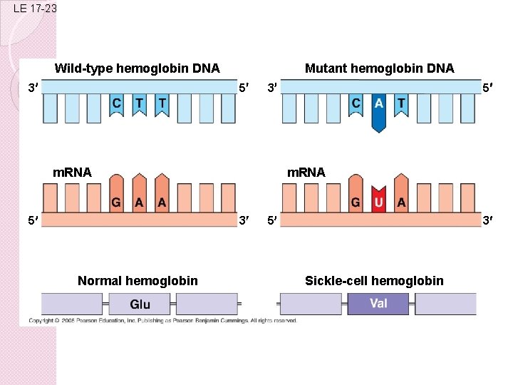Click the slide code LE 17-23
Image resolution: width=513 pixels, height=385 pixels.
34,9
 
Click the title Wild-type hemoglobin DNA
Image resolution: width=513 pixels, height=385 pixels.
137,69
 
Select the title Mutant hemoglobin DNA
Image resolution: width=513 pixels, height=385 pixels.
379,69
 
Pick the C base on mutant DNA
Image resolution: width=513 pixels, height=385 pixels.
356,105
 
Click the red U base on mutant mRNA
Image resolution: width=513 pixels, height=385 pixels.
379,200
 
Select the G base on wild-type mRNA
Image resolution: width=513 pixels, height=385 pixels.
116,201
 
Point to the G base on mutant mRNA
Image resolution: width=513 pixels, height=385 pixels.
356,201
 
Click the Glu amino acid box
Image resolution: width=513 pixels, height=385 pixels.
140,304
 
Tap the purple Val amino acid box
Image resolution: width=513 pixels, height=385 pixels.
378,304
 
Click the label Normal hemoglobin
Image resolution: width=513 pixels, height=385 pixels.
138,281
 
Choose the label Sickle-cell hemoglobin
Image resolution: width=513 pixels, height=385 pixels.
374,281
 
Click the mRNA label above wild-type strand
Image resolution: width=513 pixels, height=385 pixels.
73,172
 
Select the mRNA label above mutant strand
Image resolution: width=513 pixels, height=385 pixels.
306,172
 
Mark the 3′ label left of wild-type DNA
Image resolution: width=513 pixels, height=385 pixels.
33,89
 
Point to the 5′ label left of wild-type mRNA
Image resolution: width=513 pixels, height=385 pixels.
33,220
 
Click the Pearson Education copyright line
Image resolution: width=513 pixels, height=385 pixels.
162,321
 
